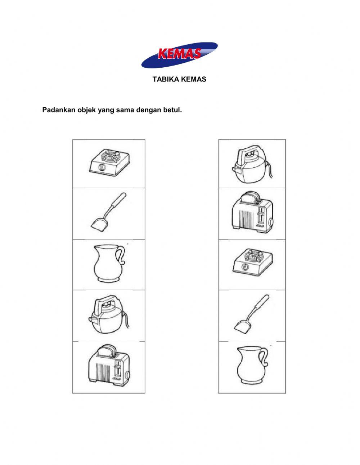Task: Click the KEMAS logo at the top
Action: [x=179, y=55]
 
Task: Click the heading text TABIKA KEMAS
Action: [x=179, y=79]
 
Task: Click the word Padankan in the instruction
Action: [x=58, y=110]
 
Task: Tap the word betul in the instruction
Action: [x=173, y=110]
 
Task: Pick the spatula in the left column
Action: [x=107, y=213]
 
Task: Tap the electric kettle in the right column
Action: [x=250, y=164]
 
